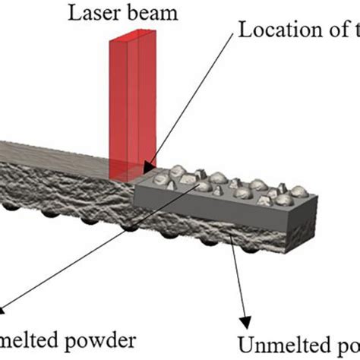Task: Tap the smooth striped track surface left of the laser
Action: (x=61, y=149)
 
